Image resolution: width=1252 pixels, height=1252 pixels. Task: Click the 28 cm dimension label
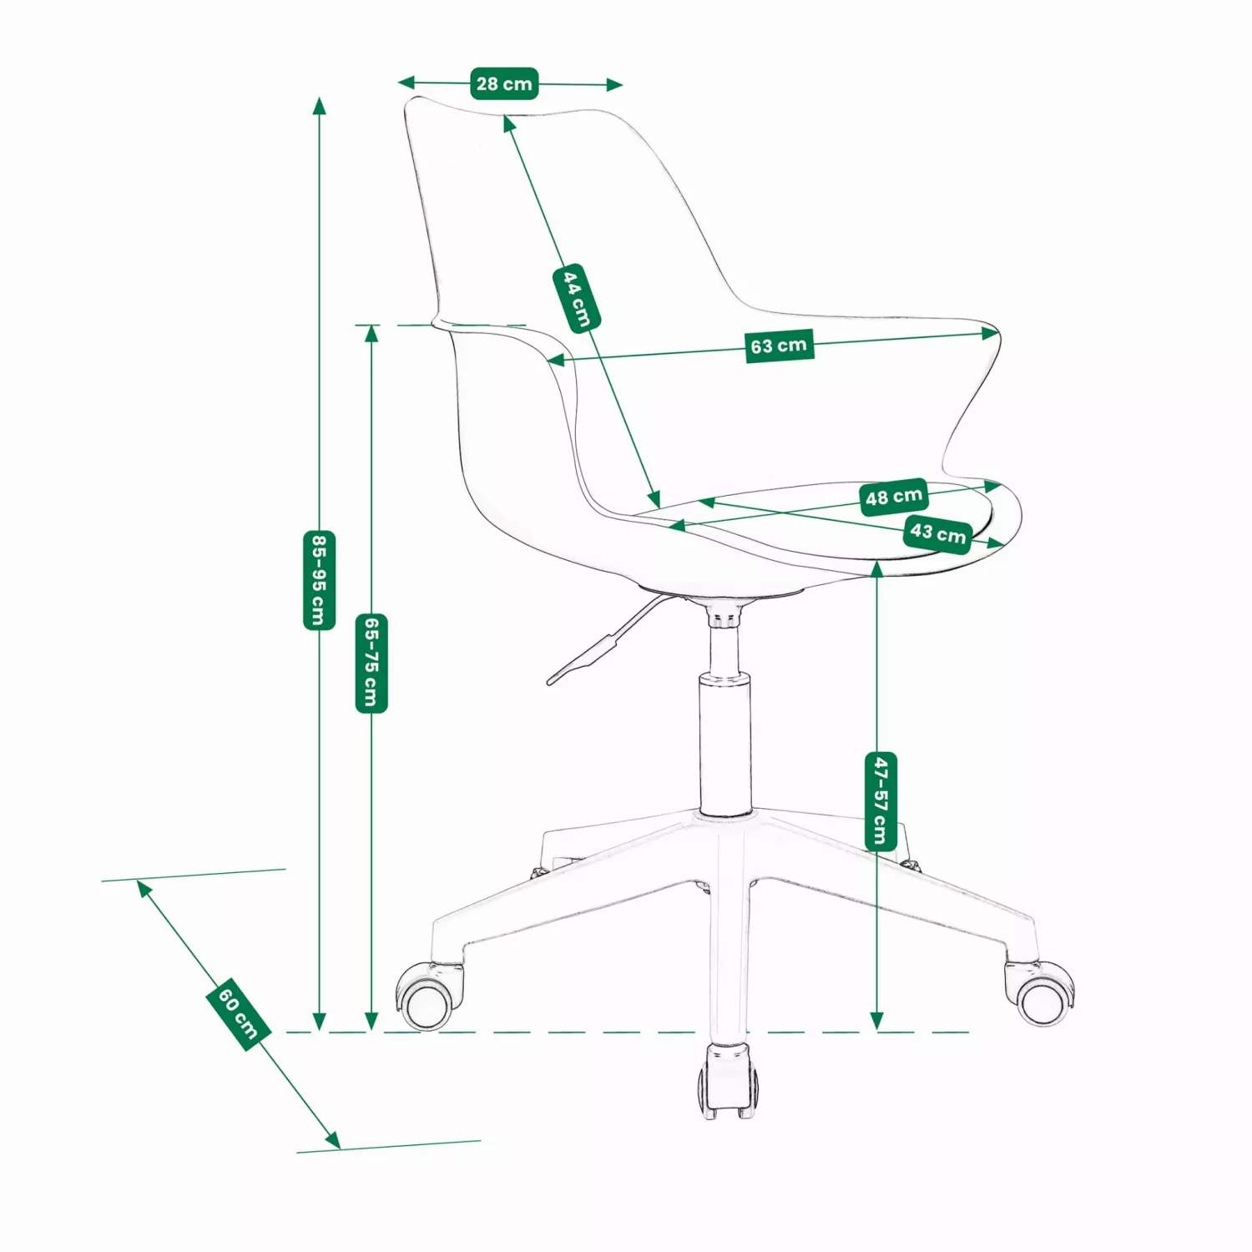tap(504, 83)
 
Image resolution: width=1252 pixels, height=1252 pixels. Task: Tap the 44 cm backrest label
tap(577, 298)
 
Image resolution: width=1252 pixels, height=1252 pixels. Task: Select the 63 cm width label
tap(779, 346)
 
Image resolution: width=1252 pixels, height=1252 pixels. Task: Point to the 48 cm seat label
tap(894, 497)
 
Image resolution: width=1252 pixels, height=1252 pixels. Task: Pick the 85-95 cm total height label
tap(319, 580)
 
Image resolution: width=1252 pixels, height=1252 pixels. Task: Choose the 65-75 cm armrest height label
tap(371, 664)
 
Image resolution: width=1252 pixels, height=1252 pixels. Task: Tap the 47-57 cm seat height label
tap(881, 801)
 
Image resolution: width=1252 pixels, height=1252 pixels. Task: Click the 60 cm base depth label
tap(238, 1013)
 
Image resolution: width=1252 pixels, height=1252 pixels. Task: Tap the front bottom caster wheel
tap(729, 1081)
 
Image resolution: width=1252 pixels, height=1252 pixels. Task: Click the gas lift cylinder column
tap(724, 718)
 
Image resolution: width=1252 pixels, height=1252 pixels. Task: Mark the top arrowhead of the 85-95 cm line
tap(319, 105)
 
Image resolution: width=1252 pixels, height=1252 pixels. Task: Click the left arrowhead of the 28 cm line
tap(406, 82)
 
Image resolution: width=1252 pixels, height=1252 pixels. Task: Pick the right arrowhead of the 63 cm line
tap(991, 333)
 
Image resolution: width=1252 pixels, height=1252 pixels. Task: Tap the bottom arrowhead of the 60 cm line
tap(333, 1140)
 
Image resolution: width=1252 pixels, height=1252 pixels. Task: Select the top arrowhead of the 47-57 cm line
tap(876, 569)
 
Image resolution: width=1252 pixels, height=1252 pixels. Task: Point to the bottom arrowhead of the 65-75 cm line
tap(371, 1022)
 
